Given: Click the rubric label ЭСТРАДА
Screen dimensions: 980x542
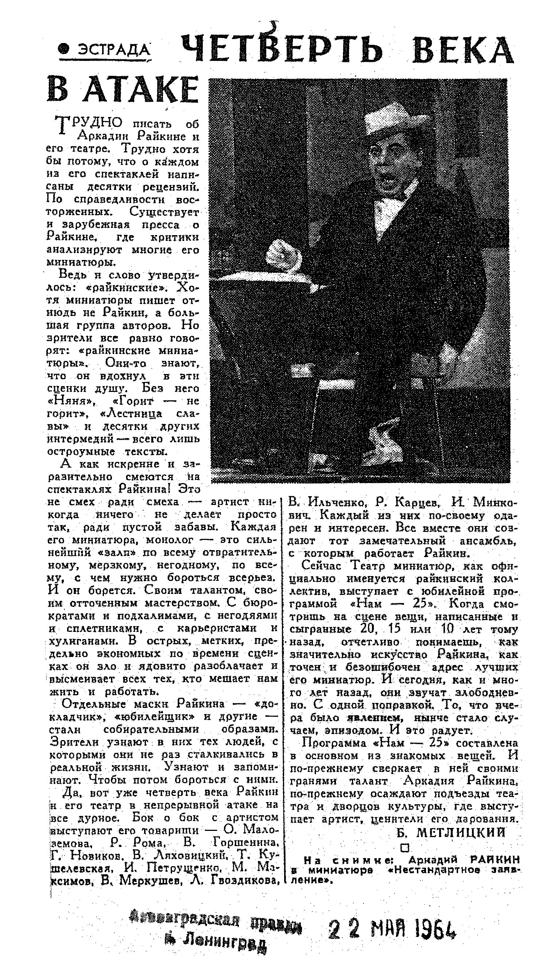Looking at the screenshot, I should point(114,50).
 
